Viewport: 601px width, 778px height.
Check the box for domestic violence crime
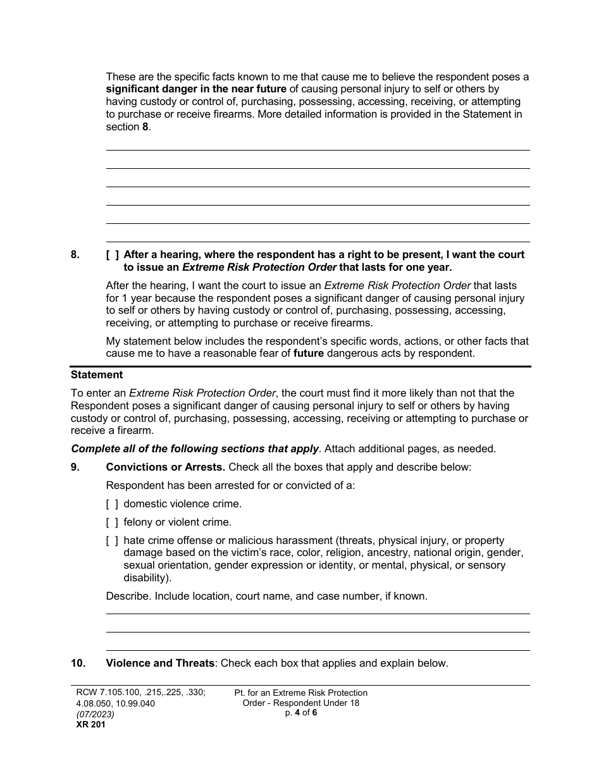coord(112,504)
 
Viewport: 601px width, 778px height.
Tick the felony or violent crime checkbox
coord(112,522)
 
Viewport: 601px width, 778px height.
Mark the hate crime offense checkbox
coord(112,541)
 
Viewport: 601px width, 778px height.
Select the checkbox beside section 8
coord(112,255)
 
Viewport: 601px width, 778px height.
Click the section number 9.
coord(75,467)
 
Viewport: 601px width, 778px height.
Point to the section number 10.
coord(78,664)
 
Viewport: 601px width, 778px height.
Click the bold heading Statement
coord(97,375)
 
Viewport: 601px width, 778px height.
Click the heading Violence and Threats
coord(160,664)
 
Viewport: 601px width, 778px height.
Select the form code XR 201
coord(89,725)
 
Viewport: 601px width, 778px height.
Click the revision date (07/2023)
coord(92,714)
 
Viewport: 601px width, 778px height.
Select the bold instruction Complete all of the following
coord(195,449)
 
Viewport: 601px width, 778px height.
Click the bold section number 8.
coord(75,255)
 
